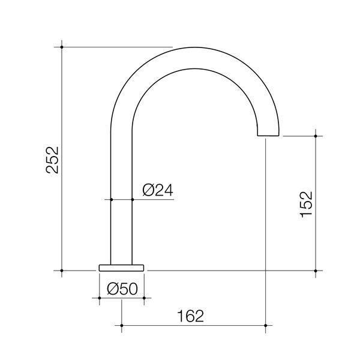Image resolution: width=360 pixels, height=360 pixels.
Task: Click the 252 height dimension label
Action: [x=53, y=159]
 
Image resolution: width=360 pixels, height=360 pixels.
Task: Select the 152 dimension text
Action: [x=306, y=205]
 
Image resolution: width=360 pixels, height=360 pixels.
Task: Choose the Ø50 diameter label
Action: [x=122, y=288]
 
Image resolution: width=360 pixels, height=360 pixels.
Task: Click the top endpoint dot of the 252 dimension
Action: [x=62, y=46]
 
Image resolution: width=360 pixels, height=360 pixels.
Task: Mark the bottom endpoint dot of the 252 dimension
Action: [x=62, y=271]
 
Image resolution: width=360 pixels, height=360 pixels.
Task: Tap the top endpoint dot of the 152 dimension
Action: [x=316, y=136]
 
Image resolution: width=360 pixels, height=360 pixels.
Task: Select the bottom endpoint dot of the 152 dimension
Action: [x=316, y=271]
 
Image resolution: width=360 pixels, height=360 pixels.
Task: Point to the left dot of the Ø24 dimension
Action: [x=112, y=199]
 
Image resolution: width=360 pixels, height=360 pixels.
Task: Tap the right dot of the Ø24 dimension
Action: [x=131, y=199]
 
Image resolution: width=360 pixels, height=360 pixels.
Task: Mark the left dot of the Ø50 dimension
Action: [x=98, y=297]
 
